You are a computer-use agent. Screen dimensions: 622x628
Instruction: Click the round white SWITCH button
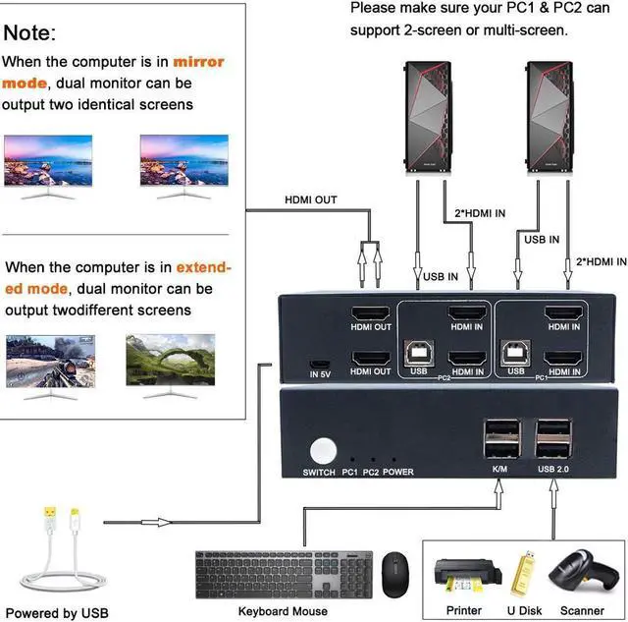[321, 451]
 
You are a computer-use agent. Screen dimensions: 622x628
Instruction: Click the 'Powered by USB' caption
[56, 614]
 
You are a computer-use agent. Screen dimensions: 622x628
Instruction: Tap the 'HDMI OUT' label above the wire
[310, 200]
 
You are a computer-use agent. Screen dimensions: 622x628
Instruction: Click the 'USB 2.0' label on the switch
[555, 472]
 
